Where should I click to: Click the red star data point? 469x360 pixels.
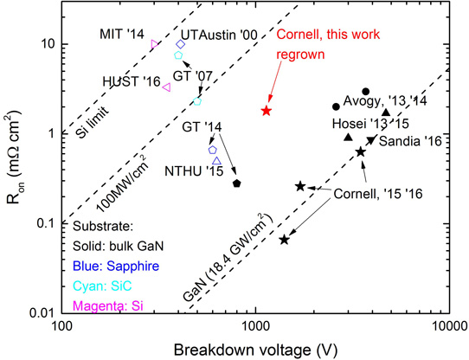coord(267,111)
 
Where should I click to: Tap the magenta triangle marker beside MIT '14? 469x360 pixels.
coord(154,44)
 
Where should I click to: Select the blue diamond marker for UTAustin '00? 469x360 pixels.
coord(180,44)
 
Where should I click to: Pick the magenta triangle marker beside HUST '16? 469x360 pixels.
coord(167,87)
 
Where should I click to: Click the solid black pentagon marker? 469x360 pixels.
coord(237,183)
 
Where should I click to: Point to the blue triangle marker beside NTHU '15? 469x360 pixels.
coord(217,161)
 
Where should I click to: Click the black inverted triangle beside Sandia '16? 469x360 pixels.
coord(371,140)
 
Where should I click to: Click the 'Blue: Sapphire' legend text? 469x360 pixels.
coord(116,266)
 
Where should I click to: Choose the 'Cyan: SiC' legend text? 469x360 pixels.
coord(102,286)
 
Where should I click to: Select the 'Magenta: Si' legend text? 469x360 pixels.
coord(108,305)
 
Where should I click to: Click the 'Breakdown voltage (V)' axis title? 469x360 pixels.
coord(255,350)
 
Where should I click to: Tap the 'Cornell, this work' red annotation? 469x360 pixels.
coord(328,35)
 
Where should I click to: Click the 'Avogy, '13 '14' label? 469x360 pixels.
coord(385,101)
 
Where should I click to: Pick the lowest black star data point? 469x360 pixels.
coord(284,240)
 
